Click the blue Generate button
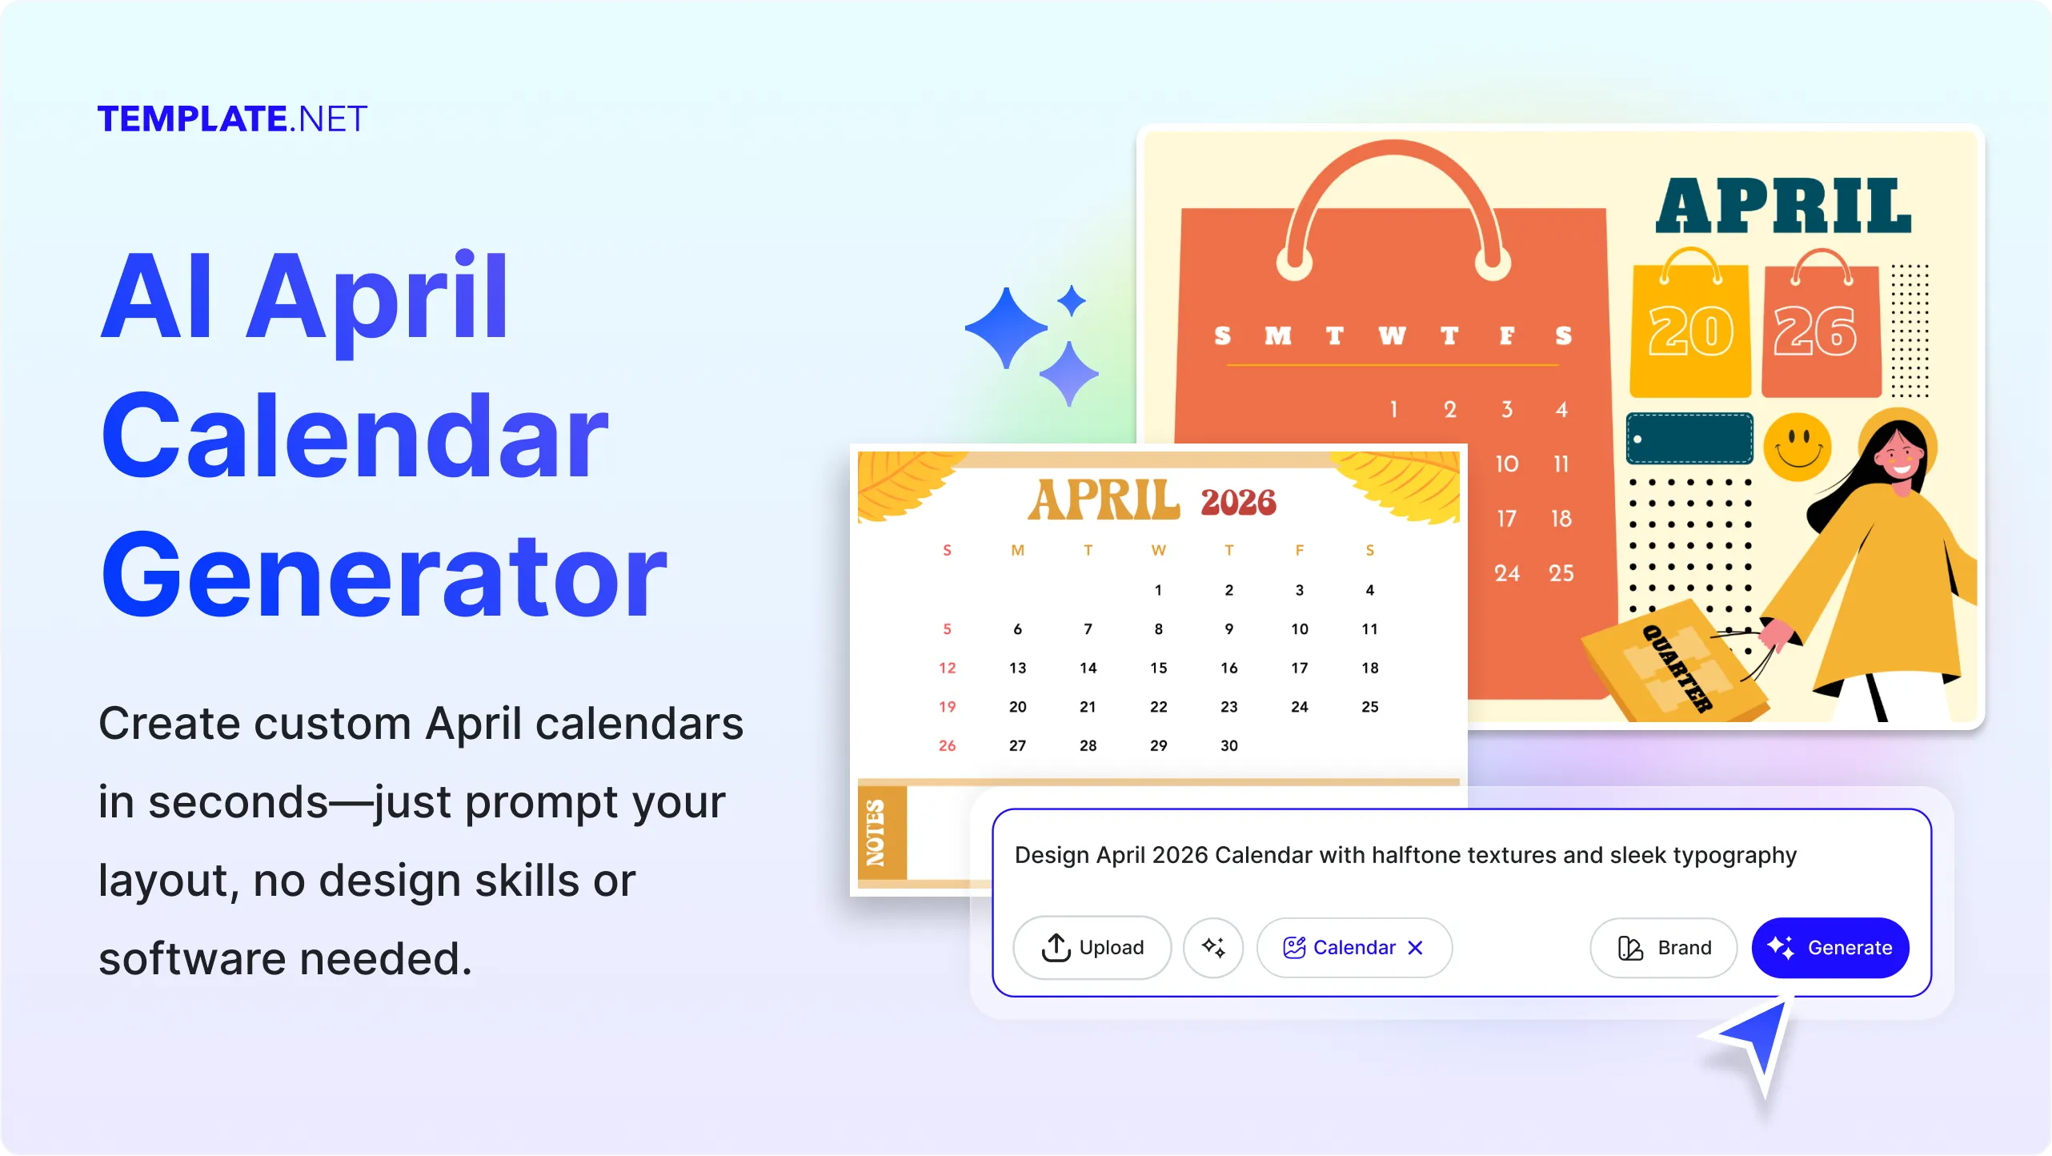pos(1830,947)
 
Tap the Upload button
pos(1092,947)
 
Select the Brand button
pos(1663,947)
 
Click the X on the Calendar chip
pos(1415,948)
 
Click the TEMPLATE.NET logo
pos(232,118)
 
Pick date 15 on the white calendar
pos(1158,668)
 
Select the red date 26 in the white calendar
pos(947,745)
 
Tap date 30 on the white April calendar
pos(1228,745)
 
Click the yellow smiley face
pos(1798,447)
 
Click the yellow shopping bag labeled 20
pos(1690,323)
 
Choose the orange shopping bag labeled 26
pos(1821,323)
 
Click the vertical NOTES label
pos(876,833)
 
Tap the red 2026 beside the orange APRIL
pos(1238,502)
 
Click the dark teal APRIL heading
pos(1784,206)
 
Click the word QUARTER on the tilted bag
pos(1677,668)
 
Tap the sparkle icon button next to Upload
pos(1213,947)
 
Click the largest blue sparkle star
pos(1006,328)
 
